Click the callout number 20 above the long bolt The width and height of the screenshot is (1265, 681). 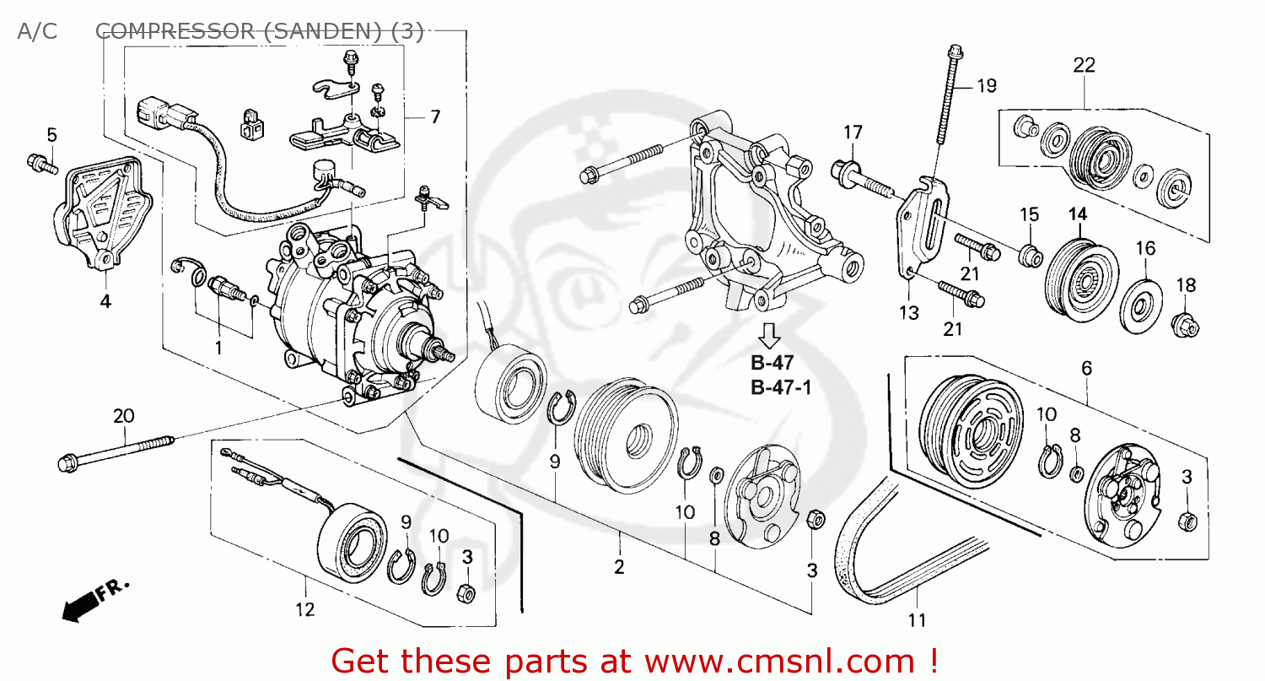pos(124,415)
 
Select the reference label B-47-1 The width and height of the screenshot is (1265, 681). pos(781,388)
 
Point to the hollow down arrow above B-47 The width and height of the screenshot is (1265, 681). pos(768,335)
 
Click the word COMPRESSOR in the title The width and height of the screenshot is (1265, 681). pos(174,32)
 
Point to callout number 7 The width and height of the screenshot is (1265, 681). pos(435,117)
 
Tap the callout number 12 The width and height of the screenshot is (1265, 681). pos(304,608)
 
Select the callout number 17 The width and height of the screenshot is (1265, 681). pos(853,132)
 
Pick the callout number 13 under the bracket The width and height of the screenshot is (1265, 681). pos(908,313)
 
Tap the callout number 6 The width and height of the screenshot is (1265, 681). pos(1086,368)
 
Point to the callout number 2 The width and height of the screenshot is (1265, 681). pos(619,567)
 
